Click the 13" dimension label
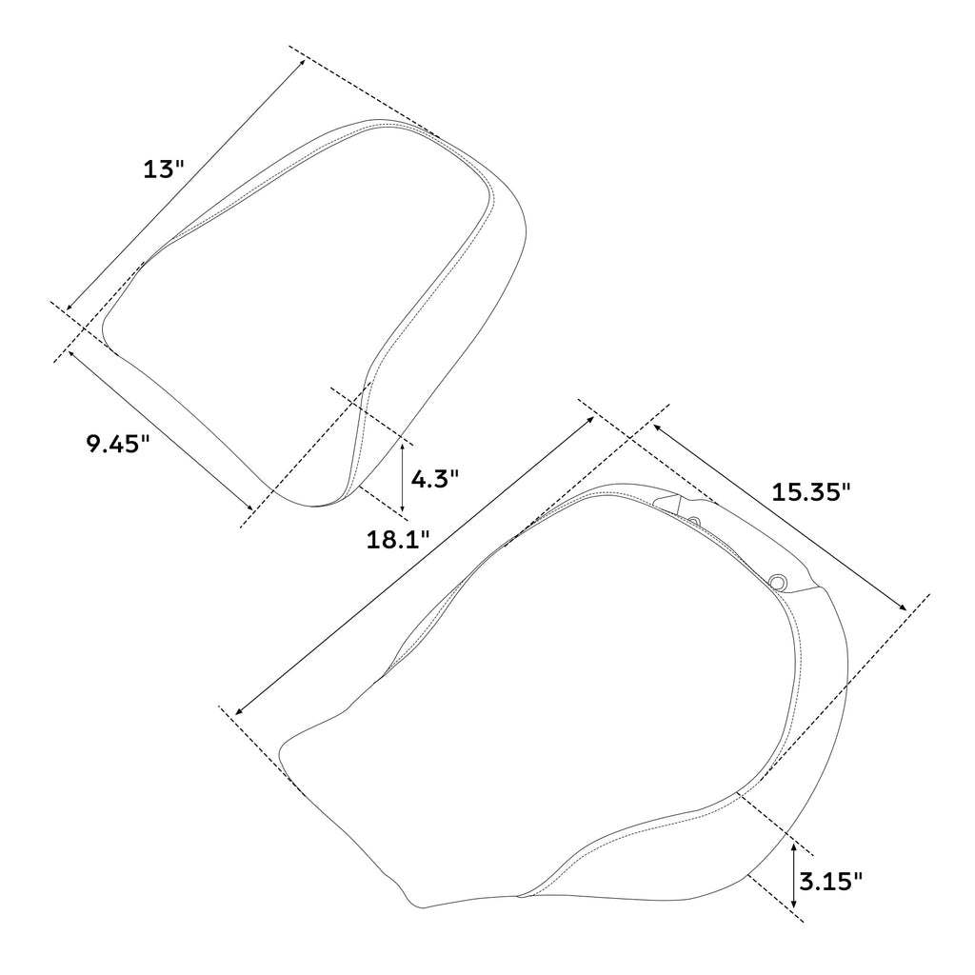coord(163,170)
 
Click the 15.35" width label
coord(811,492)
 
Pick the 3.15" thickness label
coord(831,880)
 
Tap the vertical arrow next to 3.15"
coord(793,874)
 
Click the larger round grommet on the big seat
coord(779,583)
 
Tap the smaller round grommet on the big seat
coord(693,522)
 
